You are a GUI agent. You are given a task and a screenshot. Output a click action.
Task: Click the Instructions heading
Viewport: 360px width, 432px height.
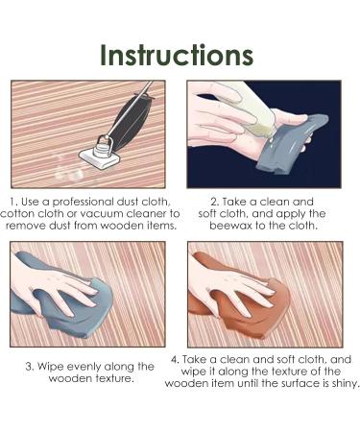click(x=177, y=55)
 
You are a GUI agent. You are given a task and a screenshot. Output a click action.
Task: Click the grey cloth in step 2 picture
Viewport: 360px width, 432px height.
click(x=290, y=144)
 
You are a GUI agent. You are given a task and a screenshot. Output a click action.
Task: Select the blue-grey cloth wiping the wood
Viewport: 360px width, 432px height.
click(x=64, y=298)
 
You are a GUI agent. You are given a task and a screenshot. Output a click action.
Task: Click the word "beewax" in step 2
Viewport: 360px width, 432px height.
click(x=230, y=226)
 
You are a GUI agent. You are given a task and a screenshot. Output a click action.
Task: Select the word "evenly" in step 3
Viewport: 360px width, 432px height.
click(x=85, y=367)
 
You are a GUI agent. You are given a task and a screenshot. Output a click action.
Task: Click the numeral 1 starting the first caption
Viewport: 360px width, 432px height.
click(x=12, y=202)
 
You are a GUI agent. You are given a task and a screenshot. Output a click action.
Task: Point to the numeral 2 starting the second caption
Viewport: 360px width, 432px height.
click(x=214, y=202)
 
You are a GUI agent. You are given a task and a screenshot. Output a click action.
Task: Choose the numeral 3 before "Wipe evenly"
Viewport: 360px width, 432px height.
click(x=29, y=367)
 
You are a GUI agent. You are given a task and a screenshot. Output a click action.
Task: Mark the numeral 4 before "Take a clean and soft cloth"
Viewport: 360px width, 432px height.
click(x=175, y=359)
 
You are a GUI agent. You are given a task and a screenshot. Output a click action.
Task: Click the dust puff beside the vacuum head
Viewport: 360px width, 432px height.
click(x=68, y=170)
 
